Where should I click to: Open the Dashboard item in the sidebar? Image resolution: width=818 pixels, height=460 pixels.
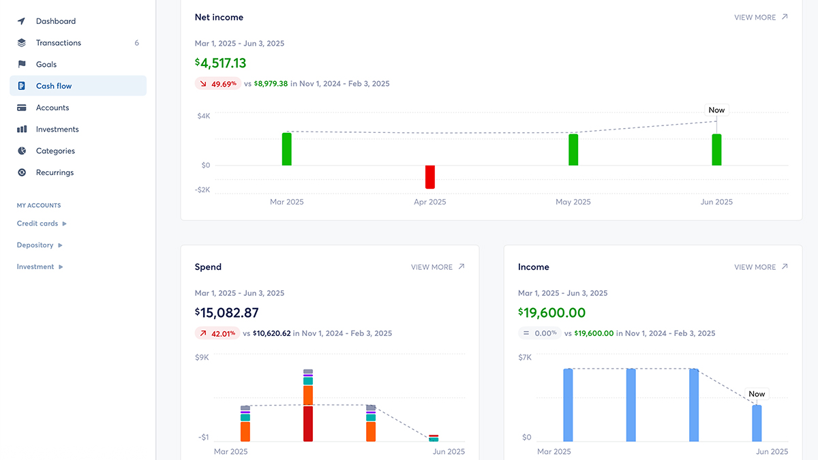55,21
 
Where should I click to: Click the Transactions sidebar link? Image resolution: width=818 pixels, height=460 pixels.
58,43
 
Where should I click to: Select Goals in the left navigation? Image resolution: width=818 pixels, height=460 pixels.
46,65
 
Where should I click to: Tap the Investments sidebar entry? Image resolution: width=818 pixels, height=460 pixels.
57,129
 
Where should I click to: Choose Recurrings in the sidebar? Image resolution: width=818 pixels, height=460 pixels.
55,172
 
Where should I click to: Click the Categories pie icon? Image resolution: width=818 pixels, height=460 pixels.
22,151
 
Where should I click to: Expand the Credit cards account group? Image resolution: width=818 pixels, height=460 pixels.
42,224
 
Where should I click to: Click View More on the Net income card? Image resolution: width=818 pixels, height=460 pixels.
761,18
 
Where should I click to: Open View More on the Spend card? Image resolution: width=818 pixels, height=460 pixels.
438,267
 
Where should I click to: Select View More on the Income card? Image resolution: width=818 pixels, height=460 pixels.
761,267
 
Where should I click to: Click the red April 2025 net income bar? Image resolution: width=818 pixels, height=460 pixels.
430,177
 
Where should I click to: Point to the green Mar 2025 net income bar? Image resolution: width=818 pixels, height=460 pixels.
287,149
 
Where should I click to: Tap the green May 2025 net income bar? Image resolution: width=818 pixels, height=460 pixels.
573,149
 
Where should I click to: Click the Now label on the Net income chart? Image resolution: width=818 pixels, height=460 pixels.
716,110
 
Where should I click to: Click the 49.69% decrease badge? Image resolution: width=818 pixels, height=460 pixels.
217,84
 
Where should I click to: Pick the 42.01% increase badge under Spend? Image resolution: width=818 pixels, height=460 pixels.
217,334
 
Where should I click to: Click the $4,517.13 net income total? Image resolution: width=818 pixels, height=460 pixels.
221,63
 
